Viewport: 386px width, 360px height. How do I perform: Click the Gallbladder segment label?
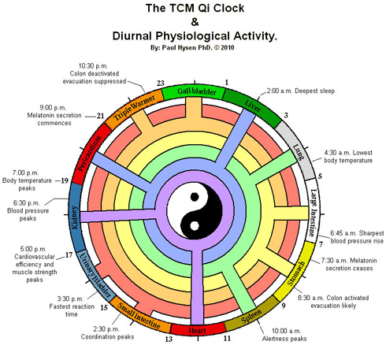(x=197, y=91)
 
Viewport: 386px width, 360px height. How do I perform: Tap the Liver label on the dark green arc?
(x=253, y=106)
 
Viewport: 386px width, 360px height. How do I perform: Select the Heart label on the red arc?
(x=197, y=330)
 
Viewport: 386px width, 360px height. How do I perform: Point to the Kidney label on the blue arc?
(x=74, y=217)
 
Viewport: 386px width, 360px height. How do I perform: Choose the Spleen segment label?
(x=251, y=316)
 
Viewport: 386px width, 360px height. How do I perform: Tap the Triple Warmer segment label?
(x=134, y=108)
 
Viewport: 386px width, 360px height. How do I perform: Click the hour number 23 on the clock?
(x=161, y=84)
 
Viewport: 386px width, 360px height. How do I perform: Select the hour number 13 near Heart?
(x=169, y=339)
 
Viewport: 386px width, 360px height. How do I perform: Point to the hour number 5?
(x=320, y=176)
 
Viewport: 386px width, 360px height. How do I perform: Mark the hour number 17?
(x=69, y=255)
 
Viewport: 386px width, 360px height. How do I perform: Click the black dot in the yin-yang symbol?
(x=195, y=197)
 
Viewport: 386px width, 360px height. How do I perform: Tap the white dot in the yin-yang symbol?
(x=195, y=226)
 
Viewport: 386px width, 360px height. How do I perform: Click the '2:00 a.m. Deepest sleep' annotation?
(x=301, y=91)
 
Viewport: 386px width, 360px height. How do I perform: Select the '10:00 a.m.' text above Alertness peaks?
(x=287, y=331)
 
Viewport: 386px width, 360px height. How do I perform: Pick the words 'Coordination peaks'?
(x=107, y=337)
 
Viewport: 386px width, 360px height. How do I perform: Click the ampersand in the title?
(x=195, y=22)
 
